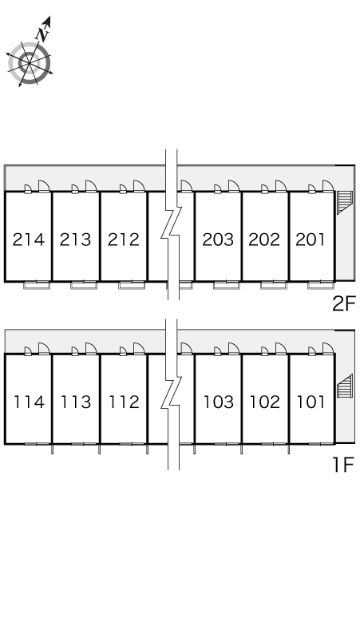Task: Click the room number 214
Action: click(29, 240)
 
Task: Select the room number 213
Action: click(75, 240)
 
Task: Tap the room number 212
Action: click(123, 240)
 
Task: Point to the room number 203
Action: click(218, 240)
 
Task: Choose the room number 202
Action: click(264, 240)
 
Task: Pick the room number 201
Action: click(311, 240)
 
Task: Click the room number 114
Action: click(30, 402)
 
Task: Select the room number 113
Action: click(76, 402)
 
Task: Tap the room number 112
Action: click(124, 402)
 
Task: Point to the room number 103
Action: click(218, 402)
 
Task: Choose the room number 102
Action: click(265, 402)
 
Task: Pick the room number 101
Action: click(311, 402)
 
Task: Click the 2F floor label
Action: click(344, 303)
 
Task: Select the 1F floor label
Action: click(344, 465)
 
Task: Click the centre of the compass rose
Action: click(30, 63)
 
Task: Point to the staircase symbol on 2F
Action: click(345, 202)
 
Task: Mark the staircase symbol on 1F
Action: click(345, 386)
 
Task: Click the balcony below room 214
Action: click(37, 285)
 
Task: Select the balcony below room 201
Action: click(321, 285)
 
